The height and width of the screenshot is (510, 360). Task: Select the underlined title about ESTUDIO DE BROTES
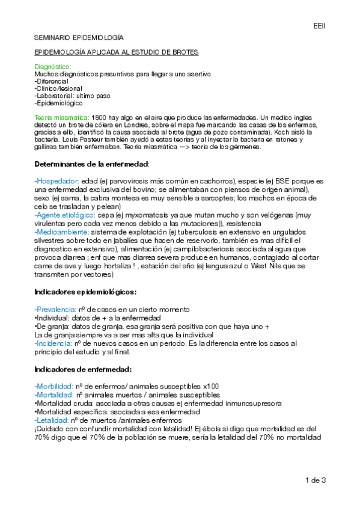(116, 52)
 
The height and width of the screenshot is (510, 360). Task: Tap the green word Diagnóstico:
(53, 67)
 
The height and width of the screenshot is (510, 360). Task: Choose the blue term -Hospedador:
(57, 181)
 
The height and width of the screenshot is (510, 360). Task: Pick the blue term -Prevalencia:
(55, 309)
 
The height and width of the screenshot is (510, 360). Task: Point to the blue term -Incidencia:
(53, 343)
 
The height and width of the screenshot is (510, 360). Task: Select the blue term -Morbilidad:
(54, 386)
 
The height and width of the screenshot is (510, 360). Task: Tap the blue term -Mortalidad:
(54, 395)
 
